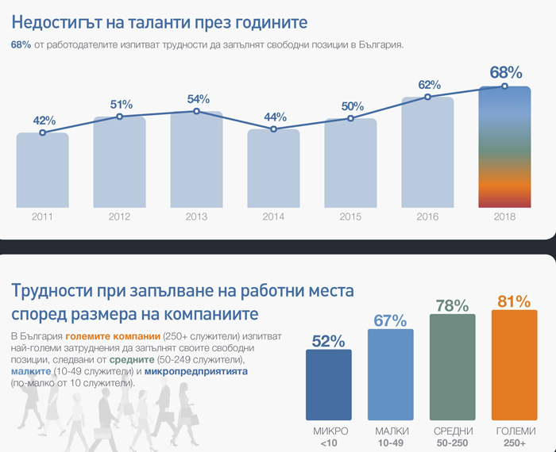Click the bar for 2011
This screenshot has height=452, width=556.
tap(43, 170)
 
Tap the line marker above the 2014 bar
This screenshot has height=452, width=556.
tap(274, 128)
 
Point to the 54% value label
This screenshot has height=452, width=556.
tap(198, 99)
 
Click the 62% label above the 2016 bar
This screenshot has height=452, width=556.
tap(429, 84)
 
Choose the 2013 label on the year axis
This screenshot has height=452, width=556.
tap(196, 216)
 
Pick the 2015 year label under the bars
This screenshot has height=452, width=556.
tap(350, 216)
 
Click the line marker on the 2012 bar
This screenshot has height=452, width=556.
tap(120, 117)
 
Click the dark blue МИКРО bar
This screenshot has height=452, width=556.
tap(329, 385)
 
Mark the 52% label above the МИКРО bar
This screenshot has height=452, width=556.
tap(329, 341)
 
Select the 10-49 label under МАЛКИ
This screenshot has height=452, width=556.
tap(391, 442)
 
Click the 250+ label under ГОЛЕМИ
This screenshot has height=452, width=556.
tap(515, 442)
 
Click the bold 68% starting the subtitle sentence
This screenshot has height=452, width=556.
tap(21, 45)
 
